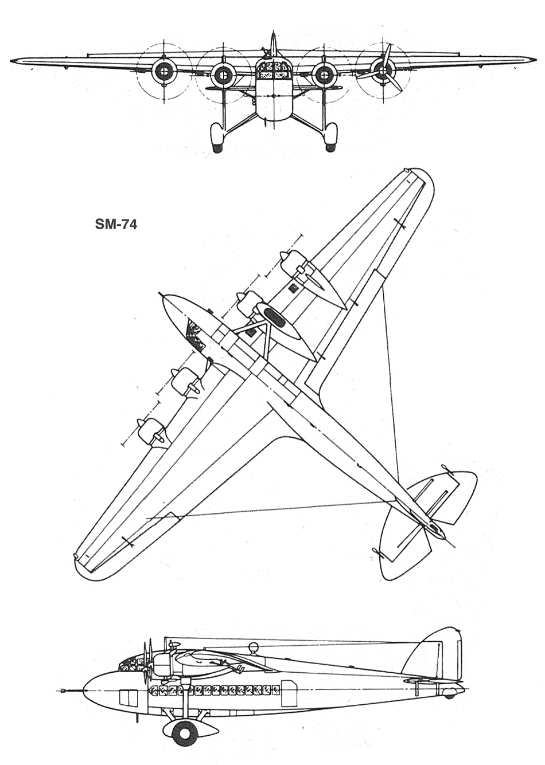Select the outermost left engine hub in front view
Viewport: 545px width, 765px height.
pyautogui.click(x=164, y=71)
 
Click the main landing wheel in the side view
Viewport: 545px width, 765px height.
pyautogui.click(x=184, y=731)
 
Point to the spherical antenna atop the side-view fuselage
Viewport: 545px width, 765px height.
pyautogui.click(x=253, y=649)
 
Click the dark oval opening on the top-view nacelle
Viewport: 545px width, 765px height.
pyautogui.click(x=274, y=316)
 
